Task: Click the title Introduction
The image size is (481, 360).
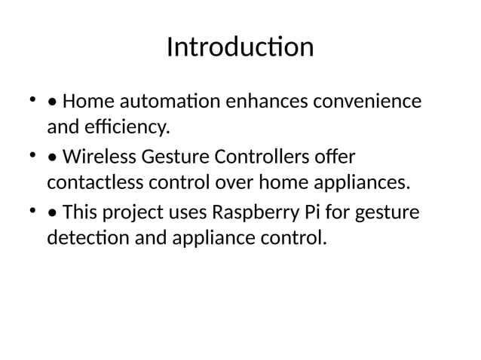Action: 240,47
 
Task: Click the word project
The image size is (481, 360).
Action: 131,217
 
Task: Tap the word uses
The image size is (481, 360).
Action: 185,217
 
